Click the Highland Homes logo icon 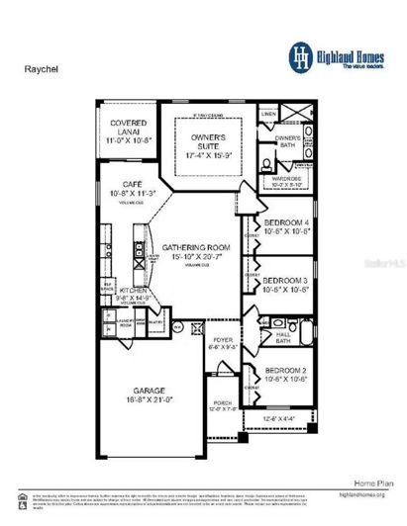(299, 55)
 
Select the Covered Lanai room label (127, 130)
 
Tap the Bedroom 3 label (285, 281)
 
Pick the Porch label (225, 403)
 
